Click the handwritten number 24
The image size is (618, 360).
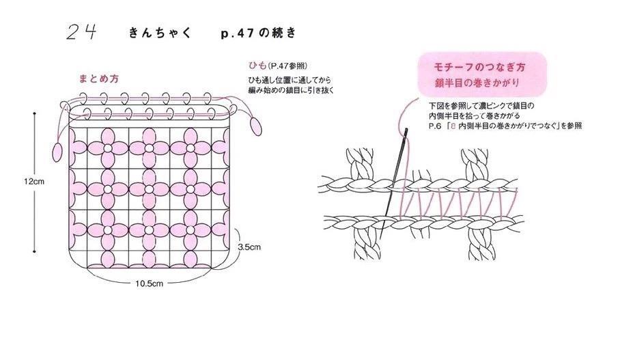click(x=81, y=32)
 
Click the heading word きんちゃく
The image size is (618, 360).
click(x=160, y=33)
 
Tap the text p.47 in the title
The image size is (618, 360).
click(x=237, y=33)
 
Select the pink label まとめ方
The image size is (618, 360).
click(x=99, y=79)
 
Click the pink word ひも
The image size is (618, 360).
click(x=257, y=65)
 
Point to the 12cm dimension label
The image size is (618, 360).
click(x=34, y=182)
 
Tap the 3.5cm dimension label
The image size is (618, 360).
click(x=249, y=247)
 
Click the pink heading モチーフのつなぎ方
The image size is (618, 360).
click(x=479, y=68)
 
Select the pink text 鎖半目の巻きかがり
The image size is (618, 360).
click(x=477, y=83)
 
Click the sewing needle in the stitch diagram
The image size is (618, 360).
click(x=393, y=183)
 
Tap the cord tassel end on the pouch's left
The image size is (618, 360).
click(x=57, y=152)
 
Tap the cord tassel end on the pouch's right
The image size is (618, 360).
click(x=256, y=127)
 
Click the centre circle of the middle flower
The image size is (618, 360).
click(x=149, y=189)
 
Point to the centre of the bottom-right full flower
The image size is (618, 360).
click(x=191, y=230)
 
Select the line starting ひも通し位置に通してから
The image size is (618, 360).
click(x=290, y=80)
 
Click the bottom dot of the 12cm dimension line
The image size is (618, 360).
click(x=35, y=251)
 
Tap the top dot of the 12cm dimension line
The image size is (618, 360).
click(x=35, y=113)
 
